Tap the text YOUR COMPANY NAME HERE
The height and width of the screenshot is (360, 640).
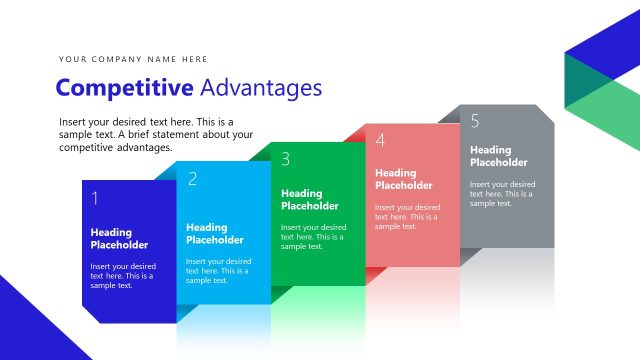[133, 59]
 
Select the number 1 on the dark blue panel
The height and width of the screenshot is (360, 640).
[95, 198]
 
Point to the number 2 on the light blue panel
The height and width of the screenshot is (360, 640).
[192, 179]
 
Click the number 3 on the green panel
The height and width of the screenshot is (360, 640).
[286, 159]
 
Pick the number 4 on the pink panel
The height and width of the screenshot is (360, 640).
[380, 140]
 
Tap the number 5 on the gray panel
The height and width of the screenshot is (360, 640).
[474, 121]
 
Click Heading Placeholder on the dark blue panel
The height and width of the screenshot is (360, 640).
[119, 239]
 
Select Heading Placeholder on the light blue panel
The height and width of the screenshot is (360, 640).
[214, 234]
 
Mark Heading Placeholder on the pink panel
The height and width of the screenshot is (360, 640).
[404, 179]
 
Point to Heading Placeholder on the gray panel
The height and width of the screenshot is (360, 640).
[499, 156]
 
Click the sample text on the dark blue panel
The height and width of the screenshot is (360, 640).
[123, 276]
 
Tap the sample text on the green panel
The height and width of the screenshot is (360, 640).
[313, 237]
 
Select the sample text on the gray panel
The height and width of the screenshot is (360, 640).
[502, 193]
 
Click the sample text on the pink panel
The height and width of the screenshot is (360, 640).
[408, 216]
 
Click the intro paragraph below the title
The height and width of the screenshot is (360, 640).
[156, 134]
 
